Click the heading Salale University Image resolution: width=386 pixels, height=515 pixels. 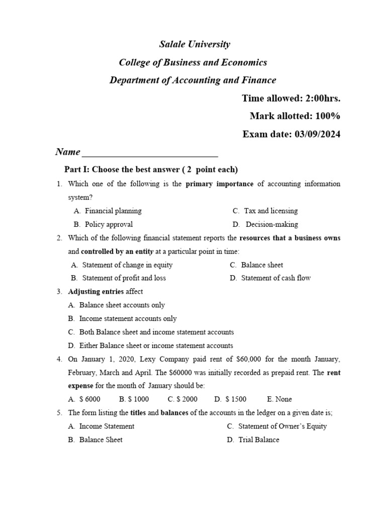(x=195, y=44)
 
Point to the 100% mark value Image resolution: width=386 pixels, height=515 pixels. (x=328, y=116)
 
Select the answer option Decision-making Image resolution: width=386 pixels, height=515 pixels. (x=271, y=224)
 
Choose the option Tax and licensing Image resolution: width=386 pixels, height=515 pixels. (x=271, y=211)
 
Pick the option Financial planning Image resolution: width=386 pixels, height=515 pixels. (x=113, y=211)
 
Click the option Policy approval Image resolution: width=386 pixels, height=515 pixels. (x=109, y=224)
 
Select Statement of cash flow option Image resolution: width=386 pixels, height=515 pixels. (x=276, y=278)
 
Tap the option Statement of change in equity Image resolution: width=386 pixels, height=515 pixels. (x=127, y=265)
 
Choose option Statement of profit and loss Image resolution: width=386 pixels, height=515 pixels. (x=124, y=278)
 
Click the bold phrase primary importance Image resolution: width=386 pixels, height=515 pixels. (x=220, y=184)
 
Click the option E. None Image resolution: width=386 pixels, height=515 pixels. (x=279, y=399)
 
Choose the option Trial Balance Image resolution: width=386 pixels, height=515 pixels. (x=259, y=440)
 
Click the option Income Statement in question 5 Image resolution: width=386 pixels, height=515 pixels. (x=107, y=426)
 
